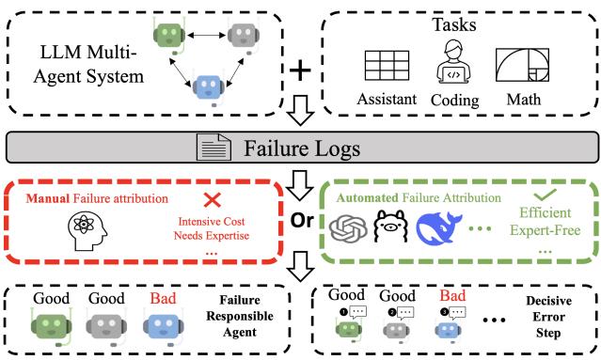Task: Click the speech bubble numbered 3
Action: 451,311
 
